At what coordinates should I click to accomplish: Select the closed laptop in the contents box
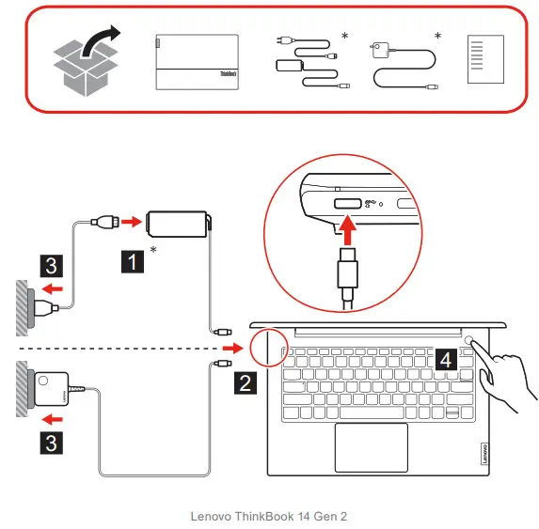(196, 63)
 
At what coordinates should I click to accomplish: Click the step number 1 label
(134, 260)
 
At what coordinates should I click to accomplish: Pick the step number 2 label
(243, 381)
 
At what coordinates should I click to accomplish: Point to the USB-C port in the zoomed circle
(345, 203)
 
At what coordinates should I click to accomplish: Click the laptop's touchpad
(371, 447)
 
